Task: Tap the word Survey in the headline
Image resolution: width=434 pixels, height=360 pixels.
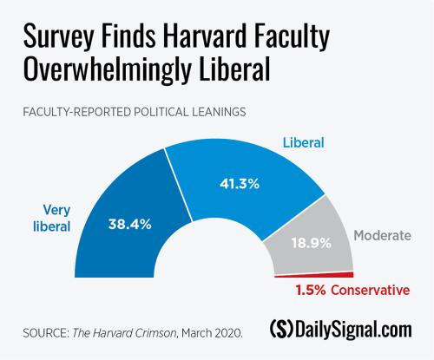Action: tap(55, 36)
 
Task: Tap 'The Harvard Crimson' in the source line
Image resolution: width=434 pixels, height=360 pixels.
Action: tap(142, 331)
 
